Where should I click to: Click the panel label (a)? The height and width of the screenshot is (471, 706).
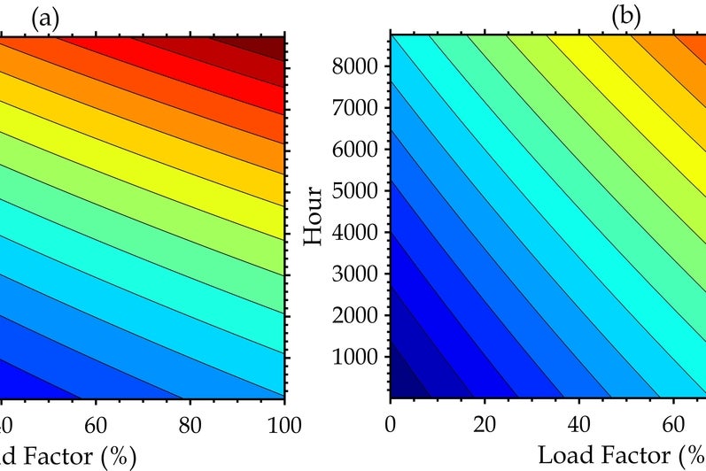point(45,19)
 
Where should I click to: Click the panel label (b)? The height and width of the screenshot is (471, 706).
point(626,17)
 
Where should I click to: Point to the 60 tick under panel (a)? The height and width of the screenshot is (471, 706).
point(96,425)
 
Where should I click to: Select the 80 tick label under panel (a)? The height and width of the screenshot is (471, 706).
point(190,425)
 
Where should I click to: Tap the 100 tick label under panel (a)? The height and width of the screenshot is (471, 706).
point(284,425)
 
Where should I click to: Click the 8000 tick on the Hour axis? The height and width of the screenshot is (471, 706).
point(355,66)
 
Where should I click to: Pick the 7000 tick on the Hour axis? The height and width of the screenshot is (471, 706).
point(355,107)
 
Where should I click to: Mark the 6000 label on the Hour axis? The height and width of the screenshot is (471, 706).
point(355,149)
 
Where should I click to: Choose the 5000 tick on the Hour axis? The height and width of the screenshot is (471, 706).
point(355,190)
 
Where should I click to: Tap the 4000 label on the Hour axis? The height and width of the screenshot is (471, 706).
point(355,232)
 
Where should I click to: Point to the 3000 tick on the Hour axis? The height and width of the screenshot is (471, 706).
point(355,274)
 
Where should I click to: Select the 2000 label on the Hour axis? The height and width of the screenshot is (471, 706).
point(355,315)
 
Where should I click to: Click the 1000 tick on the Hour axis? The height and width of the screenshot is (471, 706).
point(355,356)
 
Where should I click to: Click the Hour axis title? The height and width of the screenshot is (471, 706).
point(314,216)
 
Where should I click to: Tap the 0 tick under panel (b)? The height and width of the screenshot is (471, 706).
point(391,424)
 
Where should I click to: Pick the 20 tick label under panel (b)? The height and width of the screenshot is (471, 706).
point(485,424)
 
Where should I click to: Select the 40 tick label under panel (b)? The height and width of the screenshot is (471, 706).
point(579,424)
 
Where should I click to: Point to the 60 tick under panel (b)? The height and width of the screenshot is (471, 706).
point(673,424)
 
